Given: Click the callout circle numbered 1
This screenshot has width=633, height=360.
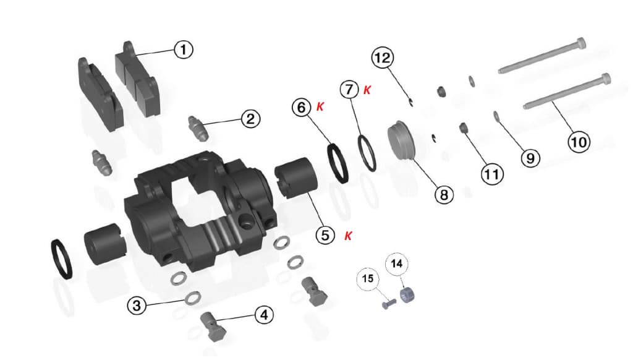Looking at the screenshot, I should [x=183, y=49].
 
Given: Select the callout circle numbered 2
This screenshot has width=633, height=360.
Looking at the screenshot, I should [x=250, y=118].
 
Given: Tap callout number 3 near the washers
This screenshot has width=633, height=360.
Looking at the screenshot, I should [x=138, y=304].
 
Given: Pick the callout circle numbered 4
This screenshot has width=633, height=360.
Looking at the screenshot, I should [x=264, y=315].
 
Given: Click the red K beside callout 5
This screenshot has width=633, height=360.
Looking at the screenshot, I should [x=348, y=236].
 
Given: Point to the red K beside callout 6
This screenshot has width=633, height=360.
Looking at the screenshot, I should [x=320, y=107].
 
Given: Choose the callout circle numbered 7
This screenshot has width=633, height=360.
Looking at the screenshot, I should [x=349, y=90].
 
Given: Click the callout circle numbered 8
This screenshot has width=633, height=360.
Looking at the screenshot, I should [x=444, y=195].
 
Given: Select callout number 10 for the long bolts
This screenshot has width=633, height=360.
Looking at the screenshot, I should [x=579, y=142].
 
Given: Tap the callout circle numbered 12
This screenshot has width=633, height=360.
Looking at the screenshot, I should [x=382, y=58].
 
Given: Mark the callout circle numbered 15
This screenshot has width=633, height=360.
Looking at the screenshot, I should [x=368, y=279].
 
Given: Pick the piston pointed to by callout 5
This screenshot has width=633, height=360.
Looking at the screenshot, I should [x=295, y=178].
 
